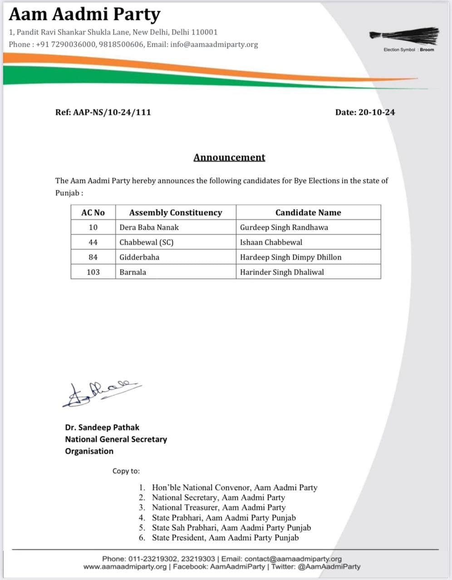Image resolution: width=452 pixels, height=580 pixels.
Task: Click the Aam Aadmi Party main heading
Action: [x=84, y=14]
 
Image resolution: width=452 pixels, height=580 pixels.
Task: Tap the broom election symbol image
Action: [x=404, y=35]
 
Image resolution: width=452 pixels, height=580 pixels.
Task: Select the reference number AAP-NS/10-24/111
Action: [x=103, y=112]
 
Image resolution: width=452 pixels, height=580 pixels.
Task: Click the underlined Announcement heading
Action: [x=229, y=157]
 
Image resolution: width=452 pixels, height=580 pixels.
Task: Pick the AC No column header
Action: [x=93, y=213]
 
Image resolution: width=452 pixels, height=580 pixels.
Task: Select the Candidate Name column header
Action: [x=308, y=213]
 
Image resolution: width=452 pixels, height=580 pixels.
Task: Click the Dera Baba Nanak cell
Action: [x=149, y=227]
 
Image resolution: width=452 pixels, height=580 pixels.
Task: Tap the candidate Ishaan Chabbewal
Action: [x=271, y=242]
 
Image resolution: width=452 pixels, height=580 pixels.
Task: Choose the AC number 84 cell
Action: [x=93, y=257]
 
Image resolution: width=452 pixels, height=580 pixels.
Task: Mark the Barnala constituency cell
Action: [x=133, y=272]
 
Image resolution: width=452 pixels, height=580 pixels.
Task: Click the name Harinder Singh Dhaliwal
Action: [x=282, y=272]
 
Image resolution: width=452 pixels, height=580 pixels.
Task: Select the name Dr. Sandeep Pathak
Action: [x=102, y=427]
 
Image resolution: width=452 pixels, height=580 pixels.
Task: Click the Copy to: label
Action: [x=126, y=471]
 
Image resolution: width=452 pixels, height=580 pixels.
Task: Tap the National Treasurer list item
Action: [x=218, y=507]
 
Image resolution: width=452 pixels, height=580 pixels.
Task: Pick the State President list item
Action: [x=225, y=537]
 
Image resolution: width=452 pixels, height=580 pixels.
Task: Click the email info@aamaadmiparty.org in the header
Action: [x=214, y=44]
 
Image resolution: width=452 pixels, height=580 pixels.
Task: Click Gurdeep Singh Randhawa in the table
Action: [x=284, y=227]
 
